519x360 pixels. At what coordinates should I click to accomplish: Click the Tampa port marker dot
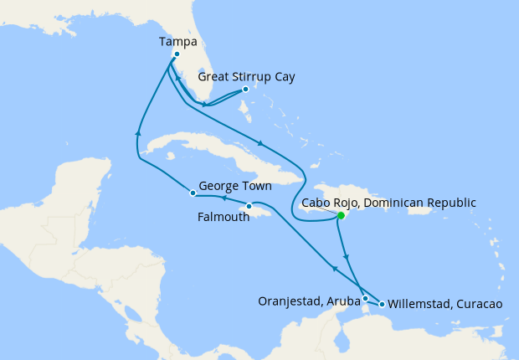click(x=177, y=54)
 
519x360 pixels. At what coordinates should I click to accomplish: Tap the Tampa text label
click(x=177, y=40)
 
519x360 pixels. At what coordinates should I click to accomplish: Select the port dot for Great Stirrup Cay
click(x=245, y=90)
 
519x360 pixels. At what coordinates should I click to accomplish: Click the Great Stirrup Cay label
click(x=246, y=76)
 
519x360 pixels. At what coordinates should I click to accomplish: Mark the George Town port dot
click(x=193, y=193)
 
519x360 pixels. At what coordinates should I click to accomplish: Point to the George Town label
click(x=234, y=187)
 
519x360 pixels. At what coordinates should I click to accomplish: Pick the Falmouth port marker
click(x=249, y=206)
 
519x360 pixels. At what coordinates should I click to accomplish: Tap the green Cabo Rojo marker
click(x=341, y=215)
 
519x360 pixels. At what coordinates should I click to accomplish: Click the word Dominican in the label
click(x=398, y=202)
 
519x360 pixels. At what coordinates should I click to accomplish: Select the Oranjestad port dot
click(x=365, y=298)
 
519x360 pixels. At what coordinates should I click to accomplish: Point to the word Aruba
click(x=343, y=301)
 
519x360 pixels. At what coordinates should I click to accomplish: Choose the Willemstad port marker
click(x=383, y=304)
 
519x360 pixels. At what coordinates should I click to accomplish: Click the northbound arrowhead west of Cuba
click(x=136, y=132)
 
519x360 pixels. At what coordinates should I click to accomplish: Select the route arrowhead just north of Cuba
click(x=262, y=142)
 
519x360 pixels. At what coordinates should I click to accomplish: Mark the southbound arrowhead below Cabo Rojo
click(x=347, y=257)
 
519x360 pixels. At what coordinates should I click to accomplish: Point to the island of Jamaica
click(x=259, y=213)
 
